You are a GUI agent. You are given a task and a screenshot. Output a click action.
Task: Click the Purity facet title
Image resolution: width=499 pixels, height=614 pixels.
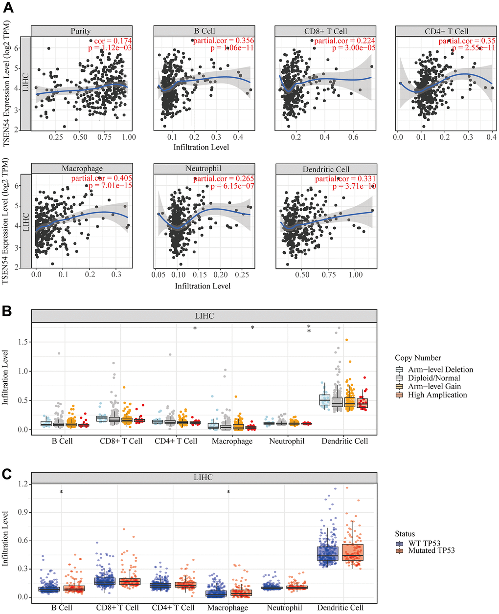tap(81, 31)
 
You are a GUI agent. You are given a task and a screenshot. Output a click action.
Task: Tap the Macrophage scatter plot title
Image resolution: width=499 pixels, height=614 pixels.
tap(82, 169)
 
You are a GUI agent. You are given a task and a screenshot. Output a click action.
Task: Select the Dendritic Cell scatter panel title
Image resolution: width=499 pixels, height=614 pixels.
tap(326, 169)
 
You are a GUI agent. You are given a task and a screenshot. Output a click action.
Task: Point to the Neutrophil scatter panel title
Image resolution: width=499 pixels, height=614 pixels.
tap(203, 169)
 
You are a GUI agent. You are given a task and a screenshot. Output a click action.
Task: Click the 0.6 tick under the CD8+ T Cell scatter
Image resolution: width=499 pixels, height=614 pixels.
tap(353, 137)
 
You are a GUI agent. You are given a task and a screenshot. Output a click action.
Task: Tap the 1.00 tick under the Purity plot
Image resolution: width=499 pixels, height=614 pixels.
tap(129, 137)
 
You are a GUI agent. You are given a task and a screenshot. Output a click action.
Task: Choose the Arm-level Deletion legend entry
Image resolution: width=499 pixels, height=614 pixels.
tap(440, 370)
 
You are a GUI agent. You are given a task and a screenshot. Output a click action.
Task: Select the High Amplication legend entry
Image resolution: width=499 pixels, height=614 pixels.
tap(437, 395)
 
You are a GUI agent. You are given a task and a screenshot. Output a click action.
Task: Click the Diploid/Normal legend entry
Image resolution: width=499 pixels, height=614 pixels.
tap(434, 378)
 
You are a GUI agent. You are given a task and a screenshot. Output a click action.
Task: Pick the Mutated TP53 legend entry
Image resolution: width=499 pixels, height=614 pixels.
tap(431, 550)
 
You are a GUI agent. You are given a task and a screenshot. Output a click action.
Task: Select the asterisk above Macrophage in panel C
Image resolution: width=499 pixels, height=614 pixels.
tap(228, 493)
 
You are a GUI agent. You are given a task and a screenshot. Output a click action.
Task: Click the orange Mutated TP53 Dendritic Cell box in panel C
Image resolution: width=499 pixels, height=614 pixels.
tap(352, 552)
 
